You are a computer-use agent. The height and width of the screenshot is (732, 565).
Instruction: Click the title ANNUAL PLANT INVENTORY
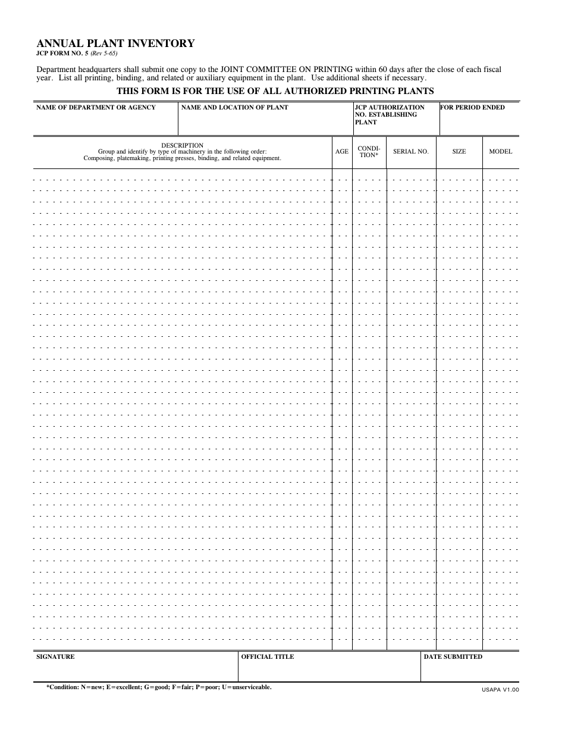pos(115,43)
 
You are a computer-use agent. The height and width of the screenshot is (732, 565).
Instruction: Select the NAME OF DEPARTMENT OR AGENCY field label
pos(96,108)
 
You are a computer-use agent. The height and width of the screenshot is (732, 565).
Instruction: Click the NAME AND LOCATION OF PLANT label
pos(234,108)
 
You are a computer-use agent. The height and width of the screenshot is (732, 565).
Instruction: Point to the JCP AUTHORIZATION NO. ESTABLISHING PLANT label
pos(389,115)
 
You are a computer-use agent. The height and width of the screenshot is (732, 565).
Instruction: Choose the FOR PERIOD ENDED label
pos(472,108)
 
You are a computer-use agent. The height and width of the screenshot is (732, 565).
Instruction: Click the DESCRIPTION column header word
pos(182,145)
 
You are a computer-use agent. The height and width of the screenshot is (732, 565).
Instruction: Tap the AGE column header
pos(342,152)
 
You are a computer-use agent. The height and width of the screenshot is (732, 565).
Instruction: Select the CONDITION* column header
pos(369,151)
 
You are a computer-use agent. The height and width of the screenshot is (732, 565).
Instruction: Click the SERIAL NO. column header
pos(410,152)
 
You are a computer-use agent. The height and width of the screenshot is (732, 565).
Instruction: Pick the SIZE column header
pos(459,152)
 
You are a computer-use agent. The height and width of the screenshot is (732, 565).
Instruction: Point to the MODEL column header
pos(500,152)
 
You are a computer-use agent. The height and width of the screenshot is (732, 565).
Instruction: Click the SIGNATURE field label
pos(55,657)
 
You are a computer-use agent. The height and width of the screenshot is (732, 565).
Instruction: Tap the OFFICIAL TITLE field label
pos(267,657)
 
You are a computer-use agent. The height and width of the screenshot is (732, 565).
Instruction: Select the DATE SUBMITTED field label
pos(453,657)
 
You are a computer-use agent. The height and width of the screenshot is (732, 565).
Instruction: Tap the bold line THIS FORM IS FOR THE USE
pos(275,91)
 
